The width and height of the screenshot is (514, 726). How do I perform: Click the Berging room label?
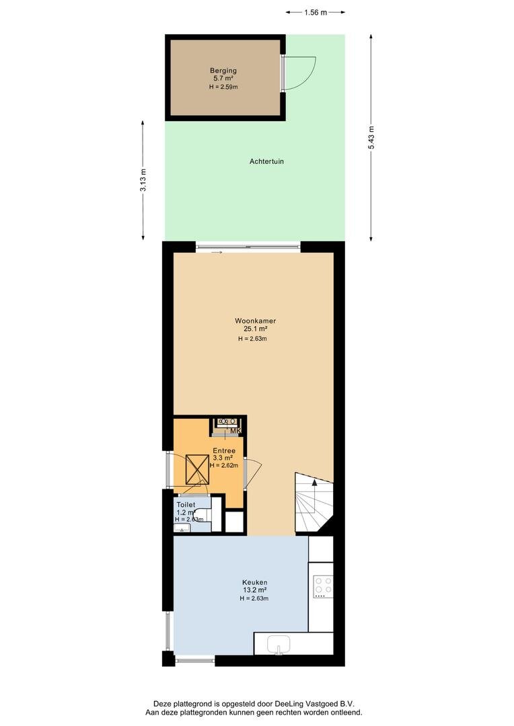click(x=223, y=71)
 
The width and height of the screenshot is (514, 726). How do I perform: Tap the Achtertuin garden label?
click(x=266, y=161)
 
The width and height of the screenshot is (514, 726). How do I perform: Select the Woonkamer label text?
click(x=256, y=321)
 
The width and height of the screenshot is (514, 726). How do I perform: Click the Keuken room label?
click(x=254, y=582)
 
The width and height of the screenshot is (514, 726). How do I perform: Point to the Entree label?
click(x=224, y=450)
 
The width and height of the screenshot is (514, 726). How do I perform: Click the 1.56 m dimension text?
click(x=316, y=13)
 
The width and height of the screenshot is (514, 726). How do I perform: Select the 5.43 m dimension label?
click(x=371, y=138)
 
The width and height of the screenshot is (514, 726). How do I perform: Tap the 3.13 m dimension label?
click(x=143, y=181)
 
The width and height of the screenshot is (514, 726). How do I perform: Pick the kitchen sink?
click(x=279, y=645)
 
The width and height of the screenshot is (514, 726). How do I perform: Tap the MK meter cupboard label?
click(x=236, y=431)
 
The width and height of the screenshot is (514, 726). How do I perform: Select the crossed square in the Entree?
click(x=197, y=469)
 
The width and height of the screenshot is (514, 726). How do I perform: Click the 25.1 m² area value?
click(x=256, y=329)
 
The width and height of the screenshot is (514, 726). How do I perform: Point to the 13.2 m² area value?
click(x=254, y=590)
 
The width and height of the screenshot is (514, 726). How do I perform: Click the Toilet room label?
click(x=186, y=505)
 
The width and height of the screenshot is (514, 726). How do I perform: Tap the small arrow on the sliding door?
click(x=217, y=252)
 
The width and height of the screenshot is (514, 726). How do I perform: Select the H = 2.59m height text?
click(x=223, y=87)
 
